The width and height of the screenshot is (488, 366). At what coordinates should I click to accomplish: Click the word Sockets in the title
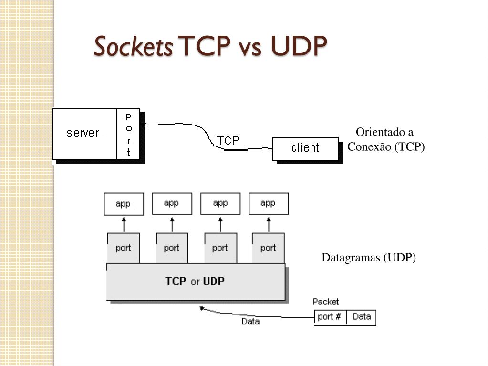[134, 47]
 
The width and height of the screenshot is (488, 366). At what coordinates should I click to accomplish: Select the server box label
[83, 133]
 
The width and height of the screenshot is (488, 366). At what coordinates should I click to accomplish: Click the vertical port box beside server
[128, 134]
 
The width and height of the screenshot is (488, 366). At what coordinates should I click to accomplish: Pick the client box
[305, 148]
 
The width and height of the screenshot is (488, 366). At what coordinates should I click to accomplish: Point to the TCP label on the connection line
[228, 140]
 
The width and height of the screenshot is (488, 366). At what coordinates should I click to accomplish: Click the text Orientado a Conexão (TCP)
[385, 139]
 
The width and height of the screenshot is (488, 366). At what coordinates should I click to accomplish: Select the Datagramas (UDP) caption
[369, 258]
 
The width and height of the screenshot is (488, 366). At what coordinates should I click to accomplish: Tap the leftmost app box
[124, 204]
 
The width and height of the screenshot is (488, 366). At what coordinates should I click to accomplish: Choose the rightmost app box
[268, 203]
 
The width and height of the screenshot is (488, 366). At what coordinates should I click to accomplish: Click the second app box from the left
[172, 203]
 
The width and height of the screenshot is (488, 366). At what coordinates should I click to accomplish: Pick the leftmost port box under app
[124, 248]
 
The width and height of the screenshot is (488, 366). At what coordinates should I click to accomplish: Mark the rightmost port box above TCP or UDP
[268, 248]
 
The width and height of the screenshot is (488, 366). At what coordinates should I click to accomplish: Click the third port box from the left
[220, 248]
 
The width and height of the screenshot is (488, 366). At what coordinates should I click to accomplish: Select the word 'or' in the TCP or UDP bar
[195, 282]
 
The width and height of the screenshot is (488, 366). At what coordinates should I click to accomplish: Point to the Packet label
[326, 302]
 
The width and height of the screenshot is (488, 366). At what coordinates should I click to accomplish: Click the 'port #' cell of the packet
[330, 317]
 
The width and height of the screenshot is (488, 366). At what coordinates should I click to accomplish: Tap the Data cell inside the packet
[362, 317]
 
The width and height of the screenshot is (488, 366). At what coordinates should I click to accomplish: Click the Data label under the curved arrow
[250, 322]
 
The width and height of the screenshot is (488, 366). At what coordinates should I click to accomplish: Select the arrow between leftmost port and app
[124, 224]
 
